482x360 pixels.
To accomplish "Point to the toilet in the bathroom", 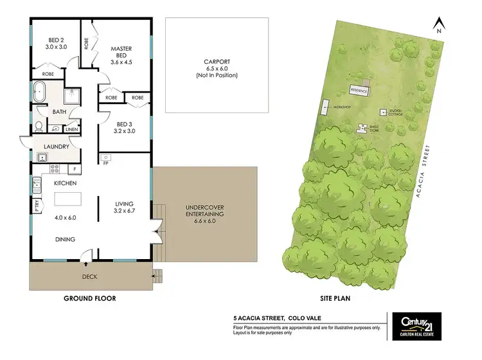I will (39, 126).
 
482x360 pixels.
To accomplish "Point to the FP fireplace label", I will (105, 163).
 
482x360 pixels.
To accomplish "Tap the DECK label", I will (89, 277).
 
